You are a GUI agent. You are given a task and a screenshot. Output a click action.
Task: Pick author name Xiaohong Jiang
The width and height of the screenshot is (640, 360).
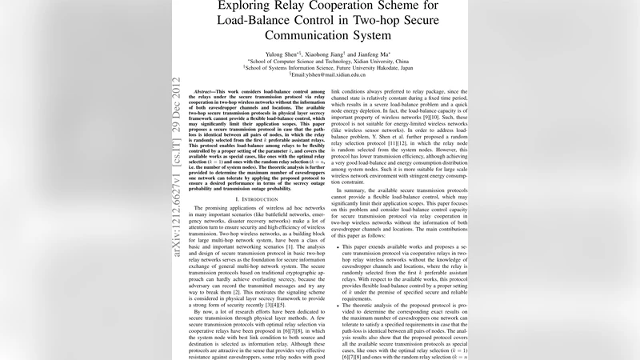pyautogui.click(x=320, y=52)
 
